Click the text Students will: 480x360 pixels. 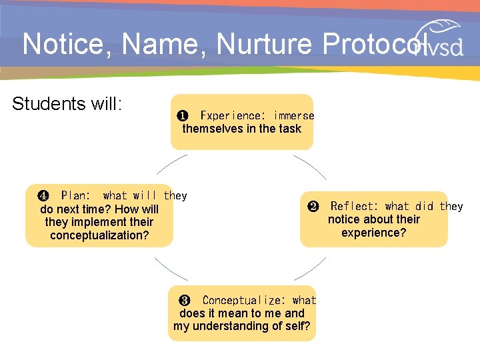(67, 104)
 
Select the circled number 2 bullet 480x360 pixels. (313, 207)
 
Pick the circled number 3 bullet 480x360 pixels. (185, 301)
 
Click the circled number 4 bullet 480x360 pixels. (43, 196)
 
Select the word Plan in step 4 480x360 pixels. (75, 196)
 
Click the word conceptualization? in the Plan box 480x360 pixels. (99, 235)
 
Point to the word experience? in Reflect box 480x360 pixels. (373, 233)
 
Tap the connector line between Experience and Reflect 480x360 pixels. (311, 167)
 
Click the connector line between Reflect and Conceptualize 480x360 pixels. (311, 268)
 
